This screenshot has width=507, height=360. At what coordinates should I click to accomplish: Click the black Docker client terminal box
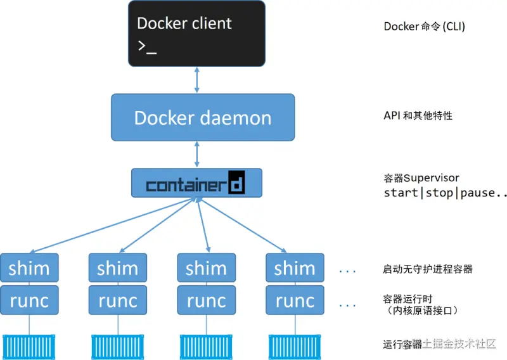[x=196, y=34]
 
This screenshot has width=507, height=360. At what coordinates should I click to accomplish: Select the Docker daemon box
[x=203, y=117]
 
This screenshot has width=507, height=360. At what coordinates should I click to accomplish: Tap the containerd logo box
[x=196, y=183]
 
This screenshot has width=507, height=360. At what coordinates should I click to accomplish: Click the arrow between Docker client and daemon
[x=197, y=80]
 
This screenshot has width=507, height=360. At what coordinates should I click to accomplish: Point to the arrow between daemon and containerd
[x=197, y=154]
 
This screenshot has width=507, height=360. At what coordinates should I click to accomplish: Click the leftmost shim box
[x=29, y=268]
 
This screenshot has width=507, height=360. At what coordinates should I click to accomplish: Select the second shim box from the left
[x=118, y=268]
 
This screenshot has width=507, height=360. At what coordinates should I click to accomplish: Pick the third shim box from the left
[x=207, y=268]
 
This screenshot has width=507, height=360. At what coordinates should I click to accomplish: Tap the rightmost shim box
[x=295, y=268]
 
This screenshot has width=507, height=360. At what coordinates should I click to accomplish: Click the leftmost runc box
[x=29, y=300]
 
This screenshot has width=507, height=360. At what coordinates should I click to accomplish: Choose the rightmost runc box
[x=295, y=300]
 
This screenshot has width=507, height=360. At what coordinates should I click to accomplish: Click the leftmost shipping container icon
[x=29, y=345]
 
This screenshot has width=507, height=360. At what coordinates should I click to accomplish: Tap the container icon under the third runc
[x=207, y=345]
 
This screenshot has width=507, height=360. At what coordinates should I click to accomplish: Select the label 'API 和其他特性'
[x=418, y=116]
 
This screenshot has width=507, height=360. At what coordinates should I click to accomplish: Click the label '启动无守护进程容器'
[x=428, y=269]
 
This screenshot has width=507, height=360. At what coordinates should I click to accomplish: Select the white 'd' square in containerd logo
[x=235, y=183]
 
